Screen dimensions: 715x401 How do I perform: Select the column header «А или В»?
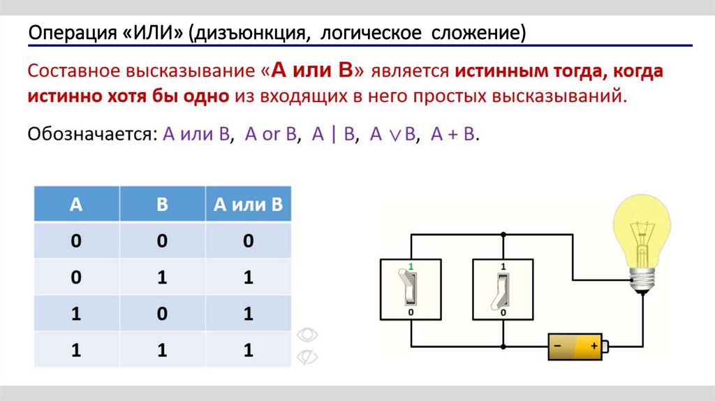[x=248, y=204]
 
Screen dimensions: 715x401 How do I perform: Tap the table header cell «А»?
[x=76, y=204]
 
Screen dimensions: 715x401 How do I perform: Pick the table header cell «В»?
[x=162, y=204]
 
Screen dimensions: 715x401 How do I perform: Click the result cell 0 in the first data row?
[x=248, y=241]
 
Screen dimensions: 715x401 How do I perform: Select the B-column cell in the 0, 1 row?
[x=162, y=277]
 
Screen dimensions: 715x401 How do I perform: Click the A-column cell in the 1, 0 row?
[x=76, y=314]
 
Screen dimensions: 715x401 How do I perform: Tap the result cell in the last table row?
[x=248, y=350]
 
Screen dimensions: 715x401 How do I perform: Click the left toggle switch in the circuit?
[x=411, y=289]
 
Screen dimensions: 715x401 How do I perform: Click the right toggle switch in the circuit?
[x=503, y=289]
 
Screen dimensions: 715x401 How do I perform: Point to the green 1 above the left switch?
[x=411, y=267]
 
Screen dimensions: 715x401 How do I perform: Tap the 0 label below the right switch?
[x=503, y=313]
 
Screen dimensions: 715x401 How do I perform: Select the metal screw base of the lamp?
[x=642, y=280]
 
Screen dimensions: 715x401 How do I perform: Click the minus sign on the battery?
[x=558, y=345]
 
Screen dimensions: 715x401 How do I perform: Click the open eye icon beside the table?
[x=307, y=335]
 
